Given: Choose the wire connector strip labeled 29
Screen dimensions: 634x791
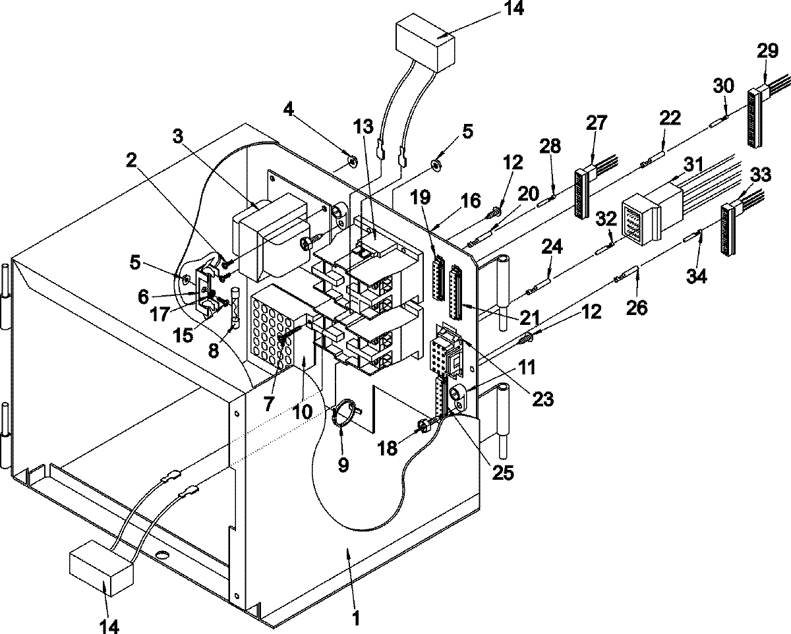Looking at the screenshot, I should (x=754, y=119).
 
